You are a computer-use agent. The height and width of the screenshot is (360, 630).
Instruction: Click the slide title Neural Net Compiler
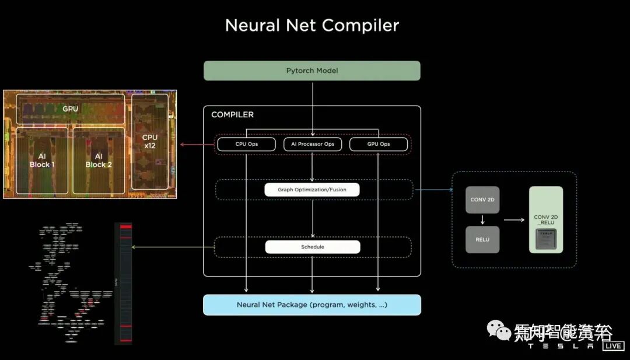312,26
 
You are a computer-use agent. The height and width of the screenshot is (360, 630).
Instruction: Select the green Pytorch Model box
312,71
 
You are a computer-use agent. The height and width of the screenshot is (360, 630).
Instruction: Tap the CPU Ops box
246,144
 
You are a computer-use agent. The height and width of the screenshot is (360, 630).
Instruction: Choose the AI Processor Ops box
312,144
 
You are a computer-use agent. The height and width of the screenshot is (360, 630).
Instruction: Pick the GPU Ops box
379,144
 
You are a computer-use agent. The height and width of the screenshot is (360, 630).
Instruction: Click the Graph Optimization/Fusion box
312,190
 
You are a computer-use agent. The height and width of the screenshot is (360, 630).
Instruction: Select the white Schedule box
312,247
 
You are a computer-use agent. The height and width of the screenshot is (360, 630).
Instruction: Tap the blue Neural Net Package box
312,305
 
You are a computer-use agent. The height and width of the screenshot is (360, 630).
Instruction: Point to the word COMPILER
232,114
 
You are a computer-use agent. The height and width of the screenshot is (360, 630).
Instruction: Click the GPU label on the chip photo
70,109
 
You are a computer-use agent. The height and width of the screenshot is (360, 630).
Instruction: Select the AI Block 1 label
42,160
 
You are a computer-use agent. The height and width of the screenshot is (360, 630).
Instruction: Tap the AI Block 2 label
99,160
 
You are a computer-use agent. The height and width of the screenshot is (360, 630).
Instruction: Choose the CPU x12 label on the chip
149,141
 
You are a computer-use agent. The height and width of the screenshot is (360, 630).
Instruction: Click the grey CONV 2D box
482,200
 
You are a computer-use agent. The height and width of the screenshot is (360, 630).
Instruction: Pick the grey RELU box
482,239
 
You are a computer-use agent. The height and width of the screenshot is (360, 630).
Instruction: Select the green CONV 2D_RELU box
545,219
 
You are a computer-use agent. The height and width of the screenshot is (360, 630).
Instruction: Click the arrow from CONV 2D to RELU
482,220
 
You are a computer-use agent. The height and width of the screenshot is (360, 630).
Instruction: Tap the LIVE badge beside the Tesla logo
614,346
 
